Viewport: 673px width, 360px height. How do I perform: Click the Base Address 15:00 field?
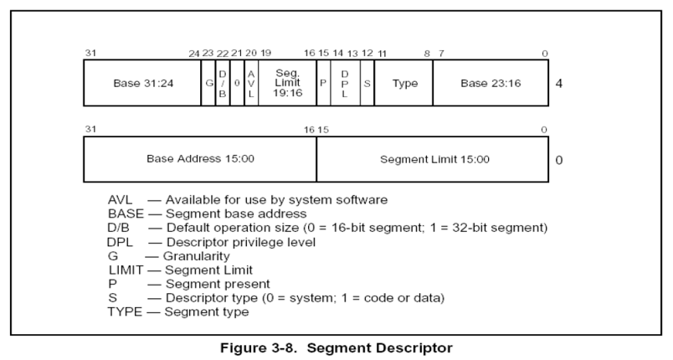(x=200, y=158)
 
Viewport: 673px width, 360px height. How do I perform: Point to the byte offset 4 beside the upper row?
(x=558, y=84)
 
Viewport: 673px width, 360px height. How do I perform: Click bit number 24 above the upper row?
(x=194, y=54)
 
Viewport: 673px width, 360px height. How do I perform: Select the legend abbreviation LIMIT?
(x=126, y=270)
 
